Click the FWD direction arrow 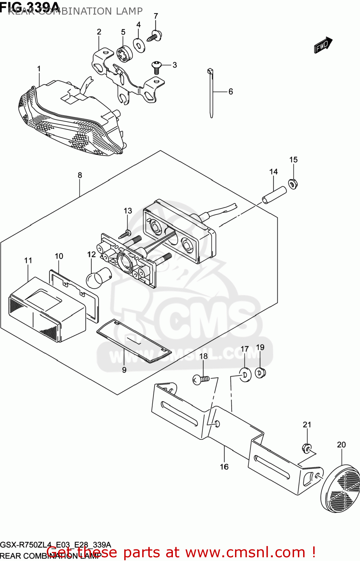tap(323, 45)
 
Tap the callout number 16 tap(224, 466)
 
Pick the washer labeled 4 tap(139, 46)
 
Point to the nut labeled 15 tap(293, 184)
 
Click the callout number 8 tap(80, 175)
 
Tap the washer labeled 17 tap(245, 374)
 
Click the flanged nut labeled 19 tap(260, 373)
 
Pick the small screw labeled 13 tap(125, 235)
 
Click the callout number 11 tap(28, 260)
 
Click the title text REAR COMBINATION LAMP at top tap(75, 11)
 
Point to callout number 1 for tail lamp tap(39, 69)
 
